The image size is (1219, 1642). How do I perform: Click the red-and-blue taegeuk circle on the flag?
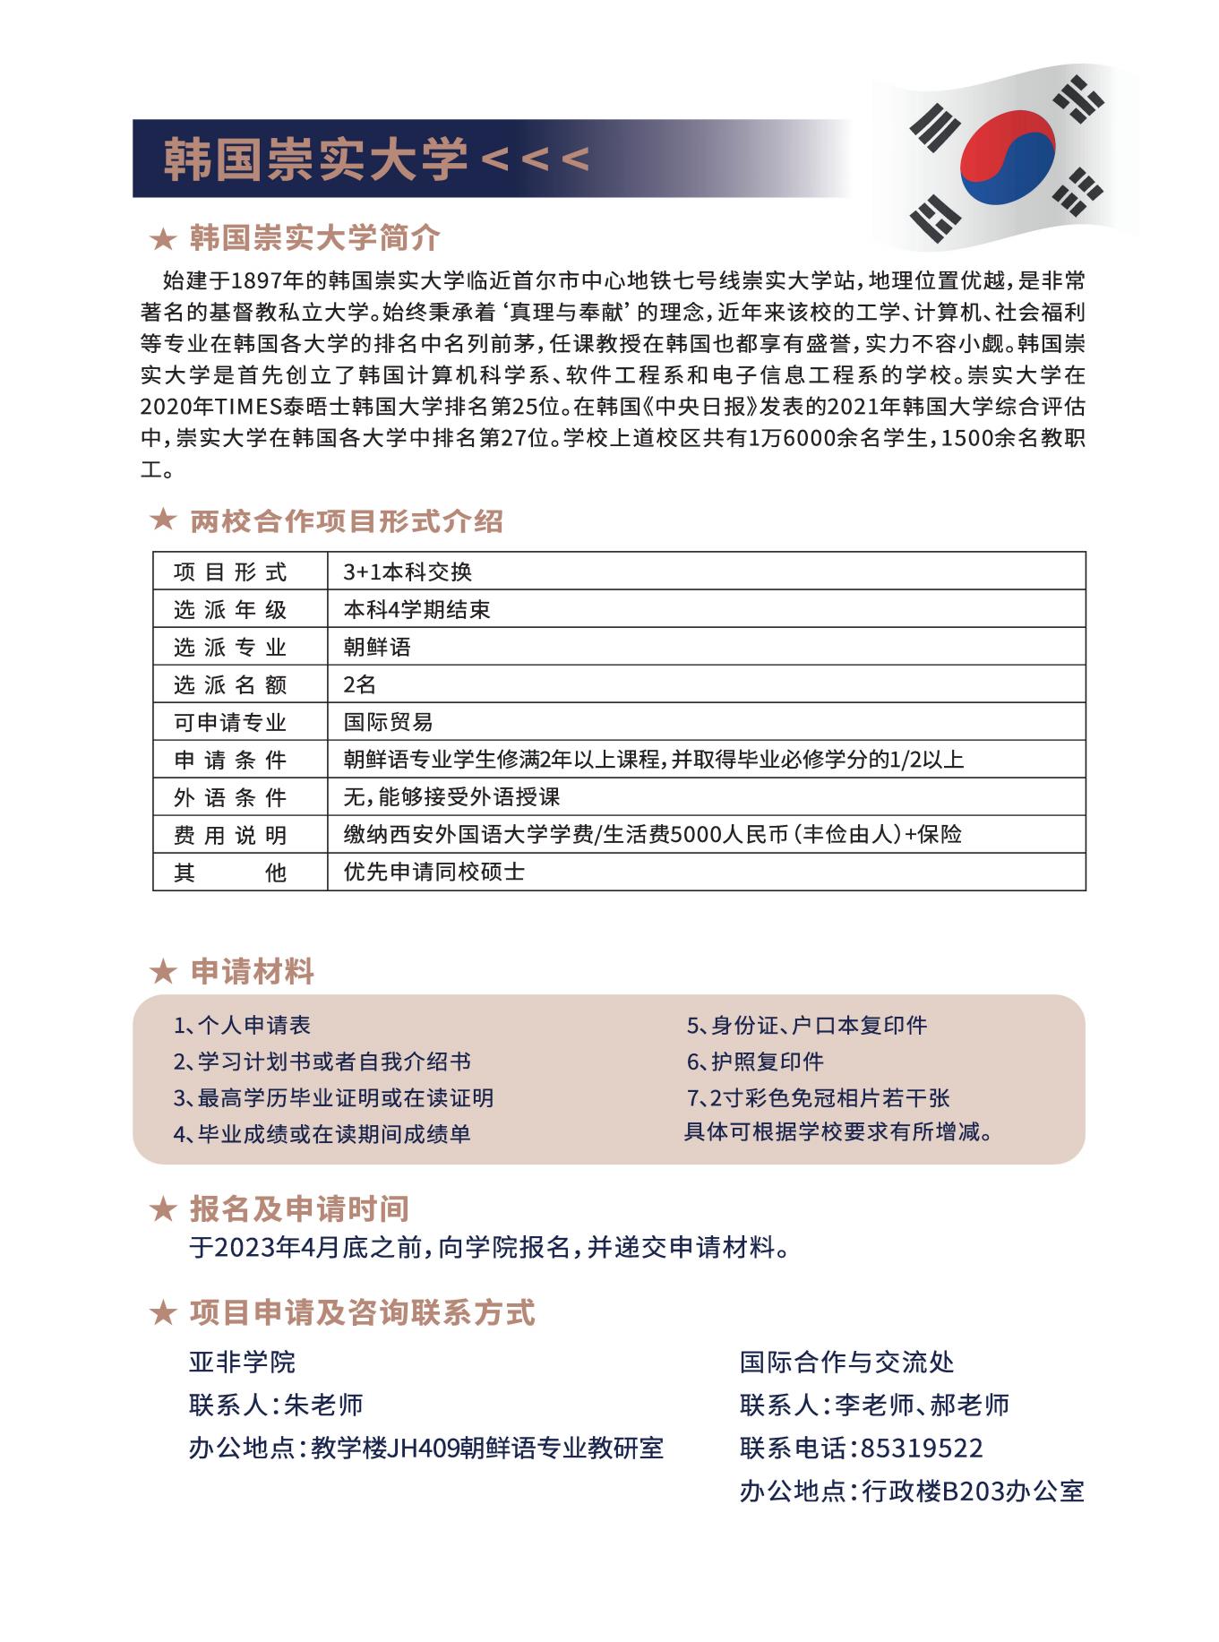pos(1007,156)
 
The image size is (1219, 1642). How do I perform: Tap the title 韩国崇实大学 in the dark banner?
pos(315,159)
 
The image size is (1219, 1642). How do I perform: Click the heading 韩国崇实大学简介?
pos(315,238)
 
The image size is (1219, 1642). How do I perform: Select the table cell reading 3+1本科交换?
pos(408,572)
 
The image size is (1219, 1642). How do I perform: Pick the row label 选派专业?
pos(230,648)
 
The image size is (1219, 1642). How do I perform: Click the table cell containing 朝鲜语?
pos(377,648)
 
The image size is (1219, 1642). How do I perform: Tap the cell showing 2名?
pos(359,685)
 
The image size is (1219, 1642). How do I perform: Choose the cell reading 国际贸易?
pos(388,723)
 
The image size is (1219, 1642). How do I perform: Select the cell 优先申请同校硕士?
pos(434,873)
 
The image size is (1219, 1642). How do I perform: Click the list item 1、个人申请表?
pos(243,1026)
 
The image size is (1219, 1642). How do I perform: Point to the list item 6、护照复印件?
pos(755,1062)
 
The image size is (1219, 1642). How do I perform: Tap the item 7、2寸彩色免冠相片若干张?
pos(818,1098)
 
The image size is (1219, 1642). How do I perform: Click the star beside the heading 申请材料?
pos(163,972)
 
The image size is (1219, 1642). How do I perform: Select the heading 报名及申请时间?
pos(299,1209)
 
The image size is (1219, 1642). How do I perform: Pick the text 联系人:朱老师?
pos(276,1405)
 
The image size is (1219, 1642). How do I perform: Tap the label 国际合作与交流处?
pos(846,1363)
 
